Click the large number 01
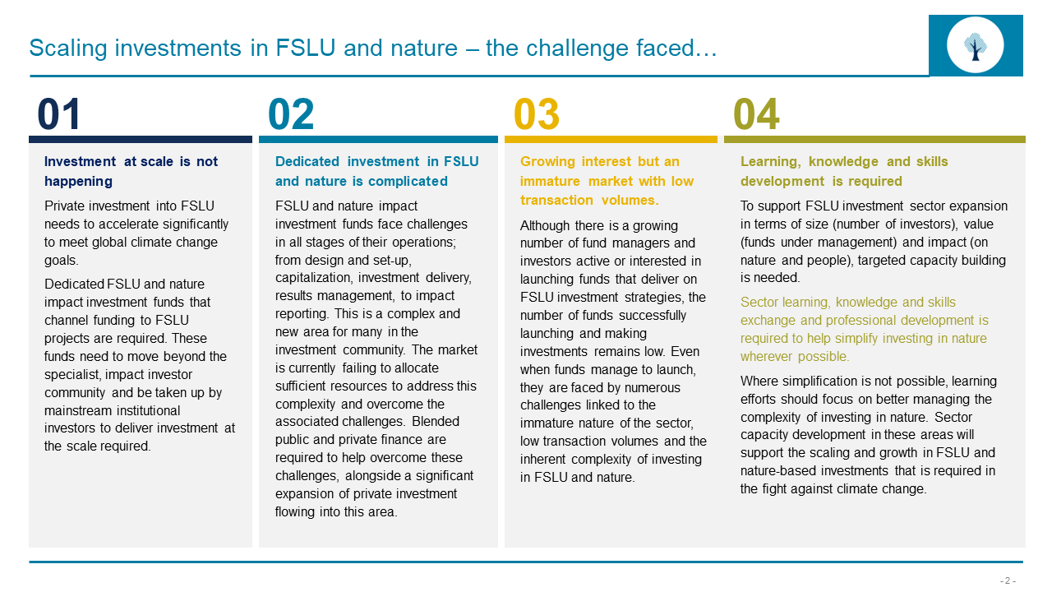tap(59, 115)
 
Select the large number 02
tap(291, 115)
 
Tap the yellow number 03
tap(537, 115)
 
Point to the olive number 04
tap(756, 115)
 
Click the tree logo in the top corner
tap(976, 44)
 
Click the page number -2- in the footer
tap(1008, 580)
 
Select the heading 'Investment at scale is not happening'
tap(131, 171)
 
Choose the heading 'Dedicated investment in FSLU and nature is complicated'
tap(376, 171)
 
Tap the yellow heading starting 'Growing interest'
tap(607, 181)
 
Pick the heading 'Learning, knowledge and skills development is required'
tap(844, 171)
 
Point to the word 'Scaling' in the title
tap(68, 49)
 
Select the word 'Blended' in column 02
tap(436, 422)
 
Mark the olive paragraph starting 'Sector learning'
tap(864, 329)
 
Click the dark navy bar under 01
tap(141, 139)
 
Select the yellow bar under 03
tap(611, 139)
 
